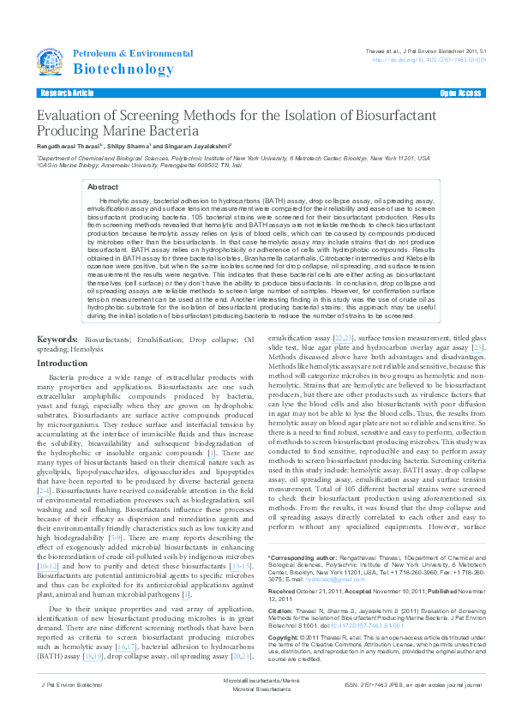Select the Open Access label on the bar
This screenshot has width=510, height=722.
click(460, 93)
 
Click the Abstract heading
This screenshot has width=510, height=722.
click(103, 186)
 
